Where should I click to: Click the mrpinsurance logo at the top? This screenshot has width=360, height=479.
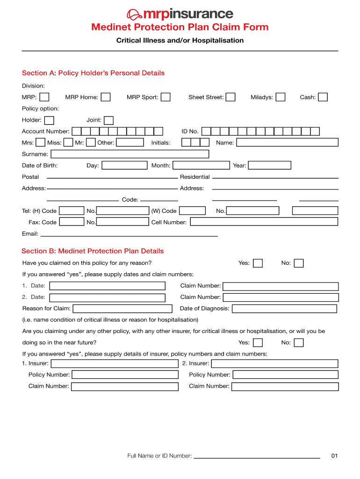pos(180,14)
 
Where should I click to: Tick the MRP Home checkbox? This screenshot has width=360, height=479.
pos(106,97)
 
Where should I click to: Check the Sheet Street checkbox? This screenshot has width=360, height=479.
pos(230,97)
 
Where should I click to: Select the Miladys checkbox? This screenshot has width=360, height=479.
pos(281,97)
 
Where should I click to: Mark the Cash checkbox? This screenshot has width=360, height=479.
pos(323,97)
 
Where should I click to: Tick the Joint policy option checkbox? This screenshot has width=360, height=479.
pos(108,121)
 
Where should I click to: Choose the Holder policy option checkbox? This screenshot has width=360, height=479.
pos(49,121)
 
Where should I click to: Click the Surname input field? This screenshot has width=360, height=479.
pos(130,154)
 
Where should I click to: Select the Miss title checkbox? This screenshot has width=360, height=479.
pos(68,143)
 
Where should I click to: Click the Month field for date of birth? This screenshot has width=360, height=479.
pos(201,166)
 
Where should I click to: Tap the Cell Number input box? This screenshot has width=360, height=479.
pos(264,222)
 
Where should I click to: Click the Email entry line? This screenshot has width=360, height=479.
pos(129,233)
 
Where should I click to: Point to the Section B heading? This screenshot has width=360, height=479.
pos(93,251)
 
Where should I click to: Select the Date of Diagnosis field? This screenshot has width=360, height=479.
pos(284,309)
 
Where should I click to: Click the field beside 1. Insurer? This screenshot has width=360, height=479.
pos(115,364)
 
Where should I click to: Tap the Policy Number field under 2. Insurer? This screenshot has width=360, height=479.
pos(285,375)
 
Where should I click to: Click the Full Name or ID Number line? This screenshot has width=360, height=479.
pos(257,456)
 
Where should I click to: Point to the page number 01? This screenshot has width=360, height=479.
pos(334,456)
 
